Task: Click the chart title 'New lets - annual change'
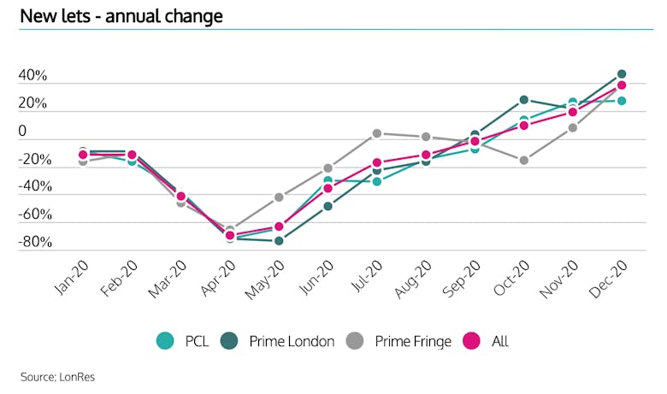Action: [x=121, y=15]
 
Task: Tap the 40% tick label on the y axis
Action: [x=33, y=77]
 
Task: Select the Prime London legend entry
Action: [x=280, y=341]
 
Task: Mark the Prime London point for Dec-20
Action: [x=622, y=74]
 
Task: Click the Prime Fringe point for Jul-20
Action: [x=376, y=133]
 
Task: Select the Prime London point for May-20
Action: [x=279, y=241]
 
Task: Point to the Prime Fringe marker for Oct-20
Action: [x=523, y=160]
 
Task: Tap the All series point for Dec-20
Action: [x=622, y=85]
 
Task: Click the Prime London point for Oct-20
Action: [x=523, y=100]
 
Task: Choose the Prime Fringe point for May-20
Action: [x=279, y=197]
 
